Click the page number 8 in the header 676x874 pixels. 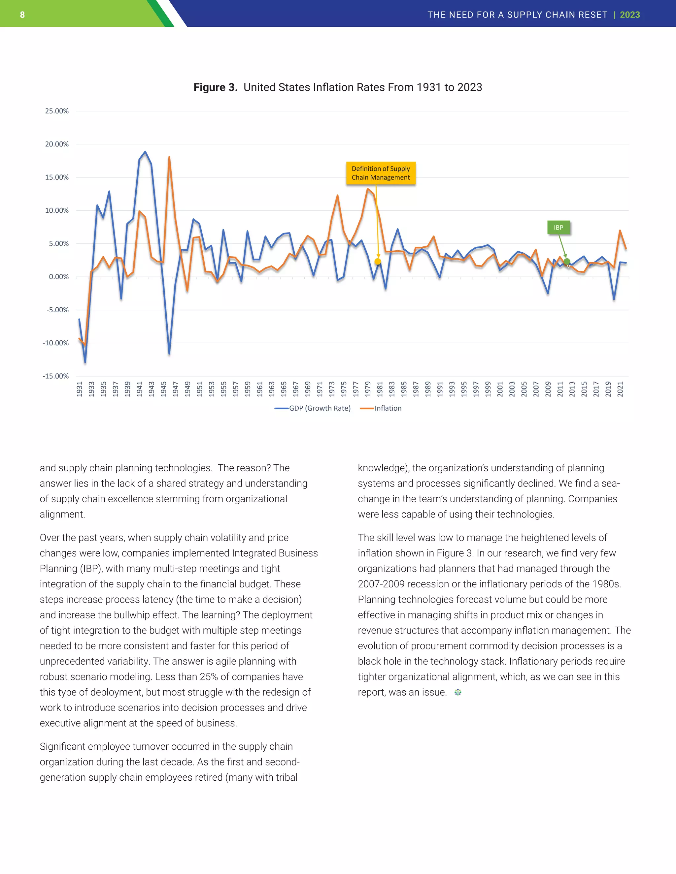click(x=22, y=15)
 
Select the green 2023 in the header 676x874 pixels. click(x=629, y=15)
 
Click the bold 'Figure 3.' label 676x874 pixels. click(x=215, y=87)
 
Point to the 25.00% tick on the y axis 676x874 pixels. click(x=56, y=111)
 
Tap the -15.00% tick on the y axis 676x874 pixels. click(x=56, y=376)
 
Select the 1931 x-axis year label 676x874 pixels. click(x=79, y=389)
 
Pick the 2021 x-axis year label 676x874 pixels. click(x=620, y=389)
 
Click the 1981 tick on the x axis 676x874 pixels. click(x=380, y=389)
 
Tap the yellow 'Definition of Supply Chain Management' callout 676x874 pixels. click(x=381, y=173)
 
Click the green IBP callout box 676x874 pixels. click(x=558, y=228)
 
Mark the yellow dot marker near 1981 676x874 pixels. click(x=378, y=262)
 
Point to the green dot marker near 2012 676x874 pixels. click(x=567, y=262)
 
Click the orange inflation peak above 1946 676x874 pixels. click(x=169, y=157)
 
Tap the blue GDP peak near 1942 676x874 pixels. click(x=145, y=152)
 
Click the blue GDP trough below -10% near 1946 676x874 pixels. click(x=169, y=353)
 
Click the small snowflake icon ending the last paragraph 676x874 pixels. click(x=458, y=692)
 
